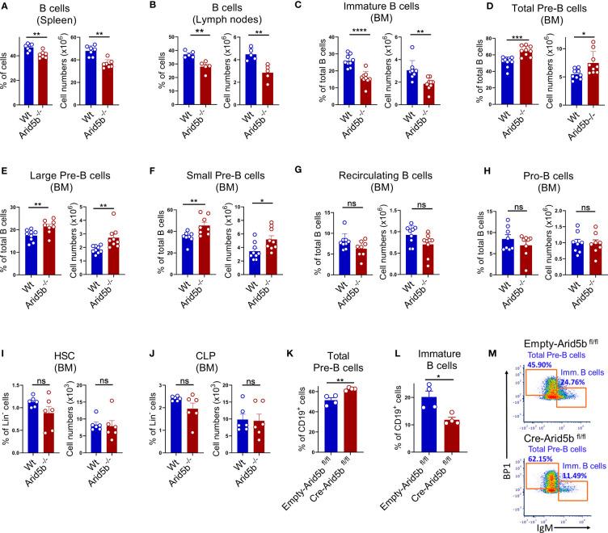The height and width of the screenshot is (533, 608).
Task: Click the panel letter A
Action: (x=6, y=6)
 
